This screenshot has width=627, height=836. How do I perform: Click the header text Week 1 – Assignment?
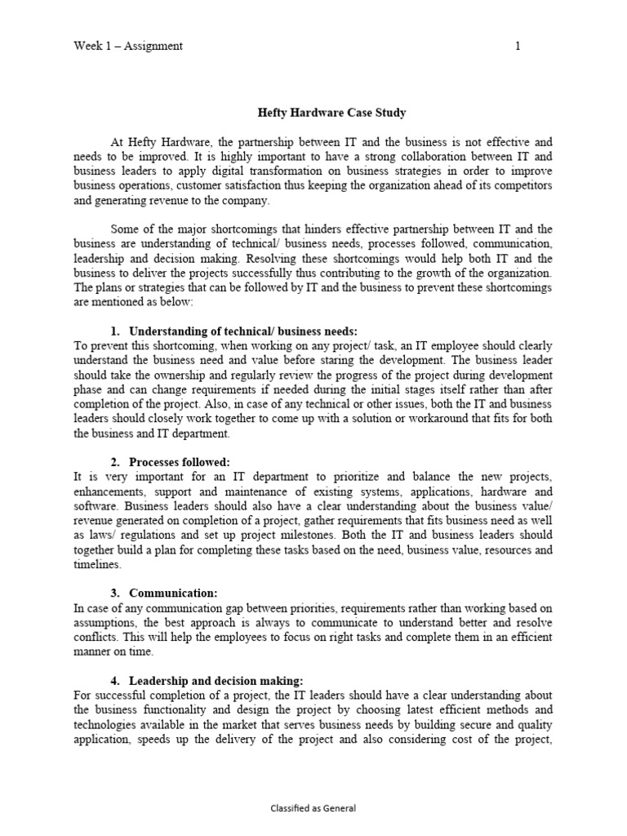128,47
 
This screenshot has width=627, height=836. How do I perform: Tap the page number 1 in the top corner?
518,47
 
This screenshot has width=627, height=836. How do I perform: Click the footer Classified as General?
313,807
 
